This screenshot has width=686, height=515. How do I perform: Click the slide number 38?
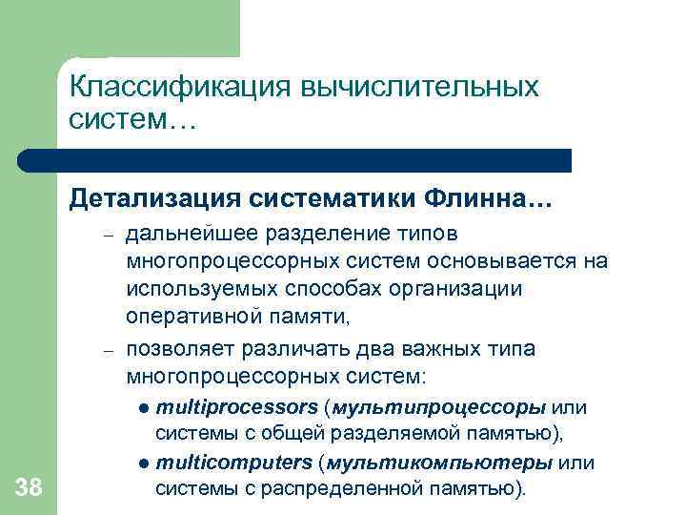[x=29, y=489]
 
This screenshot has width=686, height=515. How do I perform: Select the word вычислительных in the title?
[x=419, y=88]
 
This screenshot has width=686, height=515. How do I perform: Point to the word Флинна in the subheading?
[x=497, y=200]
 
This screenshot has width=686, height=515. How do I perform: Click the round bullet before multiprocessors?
[x=142, y=408]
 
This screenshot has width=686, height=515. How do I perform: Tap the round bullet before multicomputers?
[x=142, y=463]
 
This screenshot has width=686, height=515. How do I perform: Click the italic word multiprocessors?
[x=236, y=407]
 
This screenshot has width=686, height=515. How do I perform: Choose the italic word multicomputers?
[x=233, y=463]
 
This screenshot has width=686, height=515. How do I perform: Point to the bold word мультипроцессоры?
[x=438, y=407]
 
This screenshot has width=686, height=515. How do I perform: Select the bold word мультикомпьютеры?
[x=439, y=463]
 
